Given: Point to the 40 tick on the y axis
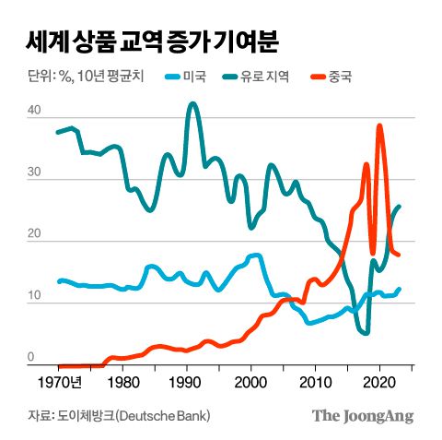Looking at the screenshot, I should (33, 111).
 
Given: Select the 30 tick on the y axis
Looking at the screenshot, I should (33, 172).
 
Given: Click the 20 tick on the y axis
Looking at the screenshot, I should (33, 235).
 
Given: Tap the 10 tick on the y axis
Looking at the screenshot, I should (33, 296).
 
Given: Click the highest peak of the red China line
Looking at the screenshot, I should (379, 126).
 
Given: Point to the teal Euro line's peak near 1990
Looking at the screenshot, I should (192, 104).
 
